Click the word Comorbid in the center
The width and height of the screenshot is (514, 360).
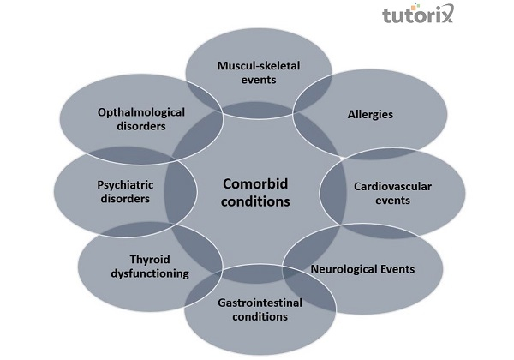(256, 183)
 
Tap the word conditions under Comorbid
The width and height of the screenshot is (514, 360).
(256, 202)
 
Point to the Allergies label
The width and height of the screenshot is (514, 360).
(369, 112)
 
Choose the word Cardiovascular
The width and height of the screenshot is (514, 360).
(382, 185)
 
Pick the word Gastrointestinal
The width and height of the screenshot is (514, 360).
(258, 301)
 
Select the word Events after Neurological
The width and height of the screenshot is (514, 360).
(399, 269)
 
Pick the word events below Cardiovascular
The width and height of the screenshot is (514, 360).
(382, 201)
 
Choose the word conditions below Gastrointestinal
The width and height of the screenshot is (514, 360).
(258, 316)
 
